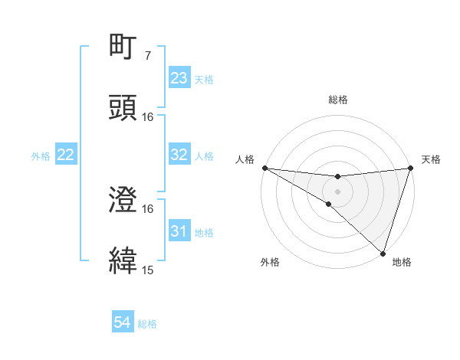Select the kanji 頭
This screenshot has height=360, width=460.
tap(123, 107)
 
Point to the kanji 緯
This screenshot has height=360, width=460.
tap(123, 260)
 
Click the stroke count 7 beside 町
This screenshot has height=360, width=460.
tap(147, 56)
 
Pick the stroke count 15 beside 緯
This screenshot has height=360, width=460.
tap(148, 270)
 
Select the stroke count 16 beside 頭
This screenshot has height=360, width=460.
tap(148, 116)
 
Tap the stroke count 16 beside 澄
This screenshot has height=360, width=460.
tap(148, 208)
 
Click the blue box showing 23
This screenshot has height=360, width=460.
tap(179, 78)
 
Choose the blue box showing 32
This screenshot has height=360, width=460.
tap(179, 155)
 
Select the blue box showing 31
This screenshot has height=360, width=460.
tap(179, 231)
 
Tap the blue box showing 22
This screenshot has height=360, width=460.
tap(66, 155)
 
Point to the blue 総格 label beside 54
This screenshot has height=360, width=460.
tap(147, 324)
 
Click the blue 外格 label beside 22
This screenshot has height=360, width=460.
tap(41, 156)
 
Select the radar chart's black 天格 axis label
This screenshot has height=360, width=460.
tap(432, 159)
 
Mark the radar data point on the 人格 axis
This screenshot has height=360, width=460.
tap(264, 167)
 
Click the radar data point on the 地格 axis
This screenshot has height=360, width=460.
tap(383, 253)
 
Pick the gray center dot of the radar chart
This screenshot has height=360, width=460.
tap(337, 191)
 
